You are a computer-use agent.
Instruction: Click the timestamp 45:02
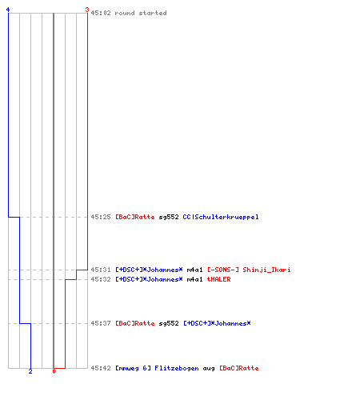[x=101, y=13]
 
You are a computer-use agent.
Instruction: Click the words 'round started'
[x=141, y=13]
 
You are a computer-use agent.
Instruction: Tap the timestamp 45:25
[x=101, y=217]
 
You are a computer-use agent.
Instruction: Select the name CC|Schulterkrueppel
[x=221, y=217]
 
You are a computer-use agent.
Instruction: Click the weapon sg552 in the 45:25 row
[x=169, y=217]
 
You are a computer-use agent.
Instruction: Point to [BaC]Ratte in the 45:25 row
[x=135, y=217]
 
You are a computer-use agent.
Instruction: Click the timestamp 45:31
[x=101, y=270]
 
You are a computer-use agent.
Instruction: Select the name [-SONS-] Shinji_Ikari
[x=249, y=270]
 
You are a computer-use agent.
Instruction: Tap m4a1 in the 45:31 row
[x=194, y=270]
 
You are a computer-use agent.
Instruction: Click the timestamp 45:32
[x=101, y=279]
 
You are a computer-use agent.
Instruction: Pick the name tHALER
[x=218, y=279]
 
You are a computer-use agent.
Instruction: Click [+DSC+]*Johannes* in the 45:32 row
[x=149, y=279]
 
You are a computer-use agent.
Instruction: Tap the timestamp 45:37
[x=101, y=323]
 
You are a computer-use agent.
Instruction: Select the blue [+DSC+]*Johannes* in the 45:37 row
[x=217, y=323]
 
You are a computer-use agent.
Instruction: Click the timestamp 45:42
[x=101, y=368]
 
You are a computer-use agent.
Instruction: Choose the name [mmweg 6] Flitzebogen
[x=157, y=368]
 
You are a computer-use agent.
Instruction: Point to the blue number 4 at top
[x=8, y=10]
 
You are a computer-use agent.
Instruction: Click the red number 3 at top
[x=87, y=10]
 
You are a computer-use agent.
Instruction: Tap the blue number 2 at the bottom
[x=30, y=371]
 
